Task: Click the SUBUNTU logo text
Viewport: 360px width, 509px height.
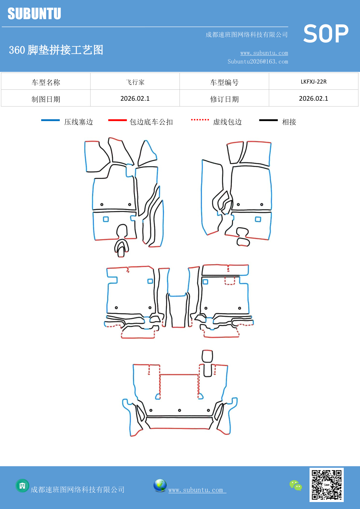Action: click(x=34, y=14)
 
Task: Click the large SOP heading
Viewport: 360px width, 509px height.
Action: click(x=326, y=34)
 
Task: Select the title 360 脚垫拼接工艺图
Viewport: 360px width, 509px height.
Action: click(x=56, y=50)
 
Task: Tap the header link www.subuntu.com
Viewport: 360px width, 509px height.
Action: click(x=264, y=53)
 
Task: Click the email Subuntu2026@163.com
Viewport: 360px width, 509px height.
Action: click(x=258, y=62)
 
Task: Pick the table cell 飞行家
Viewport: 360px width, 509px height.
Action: click(x=135, y=82)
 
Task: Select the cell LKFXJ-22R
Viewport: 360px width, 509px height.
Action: click(x=313, y=82)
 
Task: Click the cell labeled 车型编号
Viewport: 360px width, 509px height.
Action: click(x=224, y=82)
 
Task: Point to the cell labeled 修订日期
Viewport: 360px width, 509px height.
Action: click(x=224, y=99)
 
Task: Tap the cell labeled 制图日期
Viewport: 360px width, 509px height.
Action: click(x=46, y=99)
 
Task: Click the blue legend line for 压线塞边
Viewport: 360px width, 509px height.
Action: click(x=50, y=120)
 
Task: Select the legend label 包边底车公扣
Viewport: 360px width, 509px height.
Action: click(x=151, y=122)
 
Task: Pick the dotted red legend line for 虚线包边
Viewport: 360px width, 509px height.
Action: click(x=200, y=120)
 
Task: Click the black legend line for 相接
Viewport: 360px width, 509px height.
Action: click(x=268, y=120)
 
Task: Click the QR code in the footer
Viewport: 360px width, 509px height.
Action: click(x=326, y=485)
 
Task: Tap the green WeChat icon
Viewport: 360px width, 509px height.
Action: click(x=296, y=485)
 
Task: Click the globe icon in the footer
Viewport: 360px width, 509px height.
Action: click(x=160, y=485)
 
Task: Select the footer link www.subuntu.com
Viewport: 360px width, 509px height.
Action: click(x=196, y=490)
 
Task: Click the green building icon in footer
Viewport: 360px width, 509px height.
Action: click(x=22, y=485)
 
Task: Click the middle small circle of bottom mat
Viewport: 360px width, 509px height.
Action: click(x=180, y=410)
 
